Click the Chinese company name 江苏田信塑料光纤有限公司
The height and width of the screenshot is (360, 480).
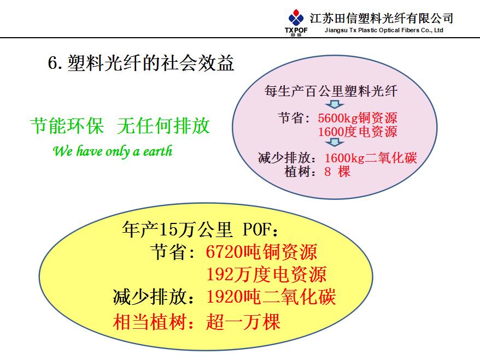tap(382, 19)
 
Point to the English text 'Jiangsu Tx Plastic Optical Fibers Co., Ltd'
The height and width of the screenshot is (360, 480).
tap(384, 30)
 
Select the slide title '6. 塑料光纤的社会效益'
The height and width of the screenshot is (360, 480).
tap(141, 63)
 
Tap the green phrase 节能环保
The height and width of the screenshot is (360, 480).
tap(67, 126)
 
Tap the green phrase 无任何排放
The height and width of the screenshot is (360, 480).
tap(163, 126)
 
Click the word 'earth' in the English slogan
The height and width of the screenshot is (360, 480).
tap(157, 151)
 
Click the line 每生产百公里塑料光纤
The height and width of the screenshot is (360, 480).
tap(331, 91)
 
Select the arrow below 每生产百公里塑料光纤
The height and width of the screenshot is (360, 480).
tap(335, 104)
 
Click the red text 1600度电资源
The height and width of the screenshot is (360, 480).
tap(358, 132)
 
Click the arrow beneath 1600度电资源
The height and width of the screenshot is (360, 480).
tap(335, 142)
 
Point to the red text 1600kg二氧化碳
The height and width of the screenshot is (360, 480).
tap(371, 158)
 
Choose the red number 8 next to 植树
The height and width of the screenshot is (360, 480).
tap(327, 172)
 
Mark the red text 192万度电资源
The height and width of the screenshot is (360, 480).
tap(266, 274)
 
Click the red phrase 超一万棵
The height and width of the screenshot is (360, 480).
tap(243, 322)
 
